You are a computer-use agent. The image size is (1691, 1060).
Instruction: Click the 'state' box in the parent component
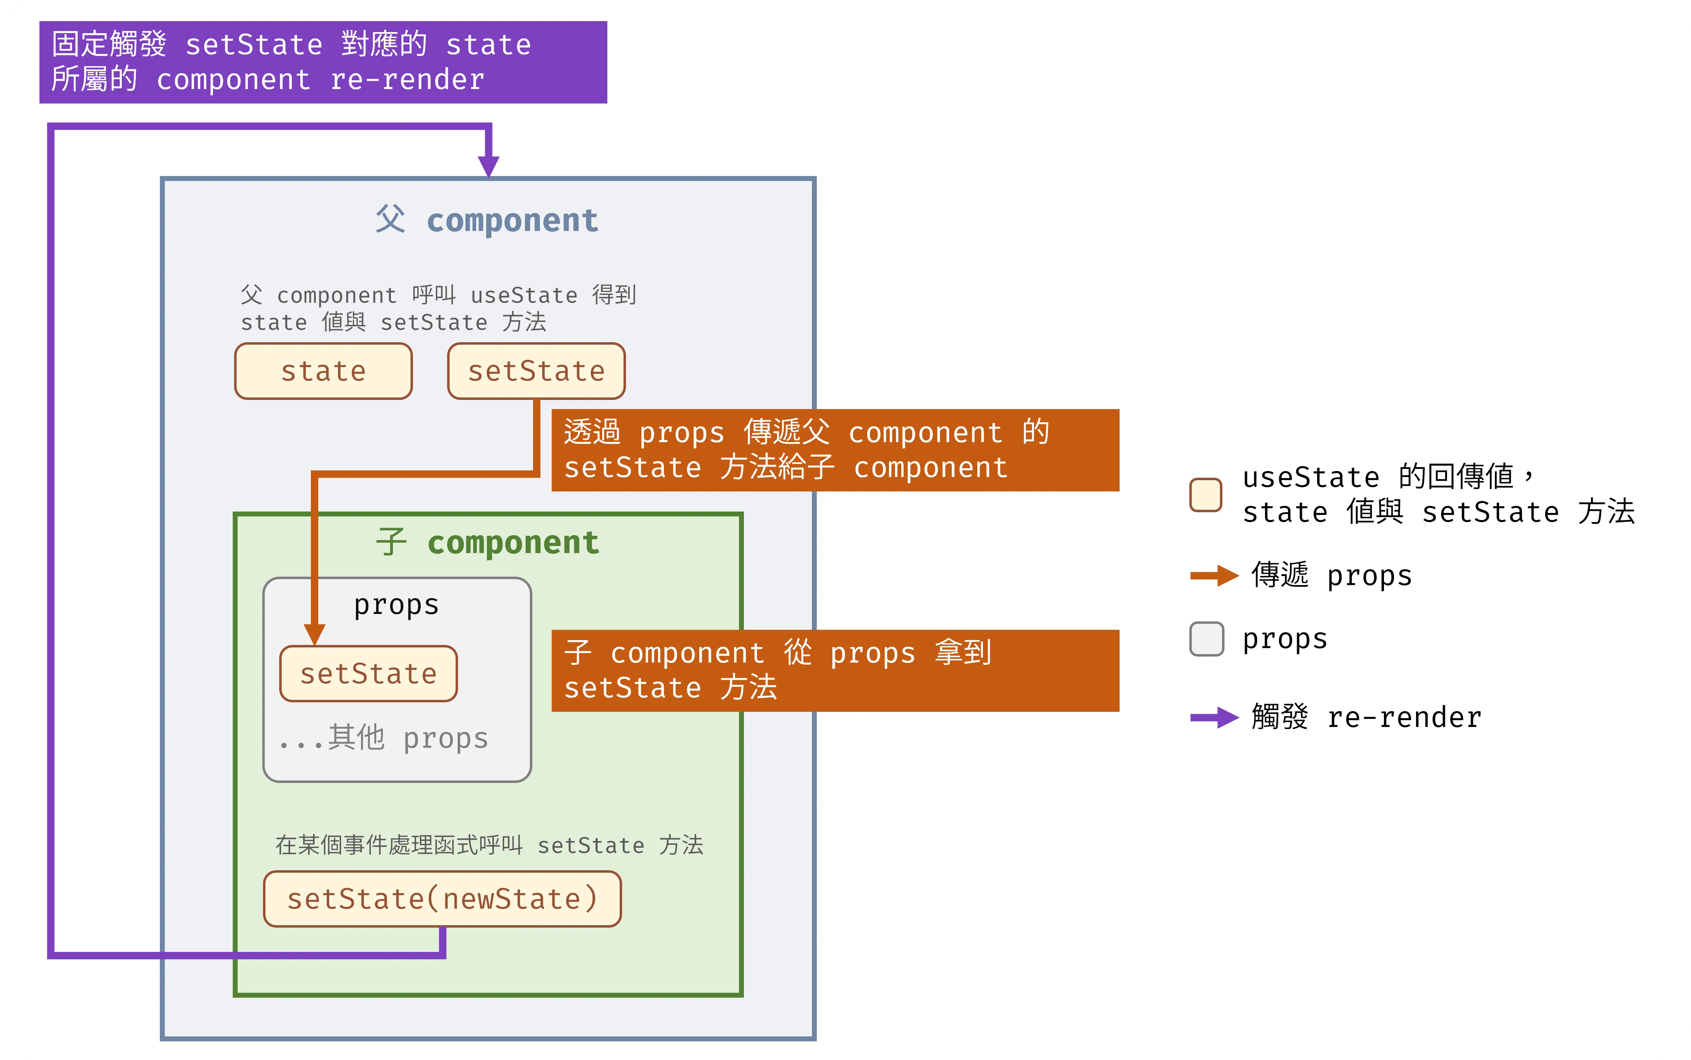pos(323,371)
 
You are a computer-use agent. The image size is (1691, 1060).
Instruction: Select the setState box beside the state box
pos(536,371)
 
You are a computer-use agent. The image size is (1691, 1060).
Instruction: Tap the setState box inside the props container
pos(368,674)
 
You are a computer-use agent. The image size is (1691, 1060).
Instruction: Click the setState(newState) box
pos(443,899)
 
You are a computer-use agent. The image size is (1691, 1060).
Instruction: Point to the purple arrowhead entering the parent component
pos(489,166)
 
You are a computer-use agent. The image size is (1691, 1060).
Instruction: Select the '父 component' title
pos(487,220)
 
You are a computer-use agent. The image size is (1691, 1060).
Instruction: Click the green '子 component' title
pos(487,542)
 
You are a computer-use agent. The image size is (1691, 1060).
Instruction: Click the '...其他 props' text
pos(383,738)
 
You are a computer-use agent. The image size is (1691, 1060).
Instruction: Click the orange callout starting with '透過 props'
pos(835,450)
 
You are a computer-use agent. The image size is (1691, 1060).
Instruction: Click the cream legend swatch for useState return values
pos(1206,495)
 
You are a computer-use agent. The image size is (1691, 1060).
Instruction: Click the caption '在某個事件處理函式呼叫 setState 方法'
pos(489,845)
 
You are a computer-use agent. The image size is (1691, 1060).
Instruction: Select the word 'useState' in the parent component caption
pos(524,295)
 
